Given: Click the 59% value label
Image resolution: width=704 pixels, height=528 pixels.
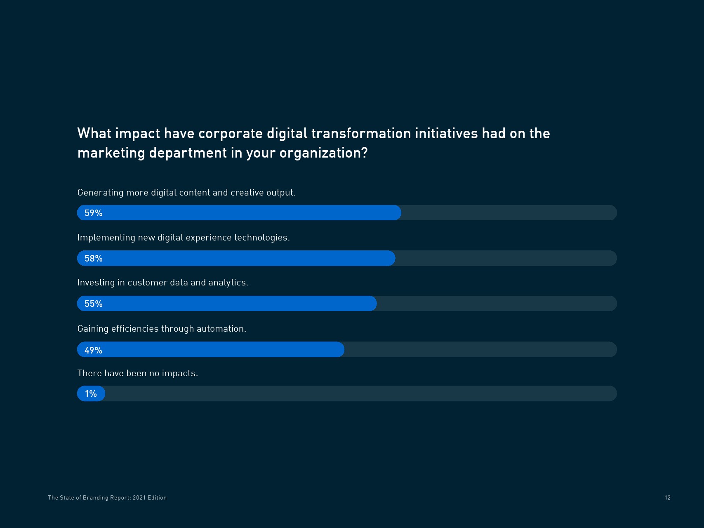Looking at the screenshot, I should coord(93,213).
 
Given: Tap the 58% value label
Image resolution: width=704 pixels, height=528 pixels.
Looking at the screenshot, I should coord(93,258).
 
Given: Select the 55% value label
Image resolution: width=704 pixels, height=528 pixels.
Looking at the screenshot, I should coord(93,304).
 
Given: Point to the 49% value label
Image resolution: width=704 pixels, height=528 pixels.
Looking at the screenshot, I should coord(93,350).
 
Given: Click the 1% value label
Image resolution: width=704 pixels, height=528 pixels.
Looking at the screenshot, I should coord(91,394).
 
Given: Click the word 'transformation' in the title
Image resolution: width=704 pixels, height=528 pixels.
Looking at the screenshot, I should coord(361,133).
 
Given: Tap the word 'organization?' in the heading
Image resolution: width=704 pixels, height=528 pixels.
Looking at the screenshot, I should coord(323,153).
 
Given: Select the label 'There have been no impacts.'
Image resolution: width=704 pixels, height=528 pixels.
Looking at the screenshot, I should coord(137,373).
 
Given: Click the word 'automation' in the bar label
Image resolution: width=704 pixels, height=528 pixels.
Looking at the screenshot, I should coord(220,329).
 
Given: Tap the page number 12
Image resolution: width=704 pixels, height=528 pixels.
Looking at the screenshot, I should coord(667,497).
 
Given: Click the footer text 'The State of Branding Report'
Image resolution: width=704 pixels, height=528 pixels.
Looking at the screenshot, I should coord(89,497).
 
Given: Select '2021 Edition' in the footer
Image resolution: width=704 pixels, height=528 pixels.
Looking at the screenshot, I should coord(150,497).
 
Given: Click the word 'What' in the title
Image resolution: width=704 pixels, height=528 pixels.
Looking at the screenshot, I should coord(94,133).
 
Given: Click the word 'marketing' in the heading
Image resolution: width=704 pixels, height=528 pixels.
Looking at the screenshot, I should coord(111,153).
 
